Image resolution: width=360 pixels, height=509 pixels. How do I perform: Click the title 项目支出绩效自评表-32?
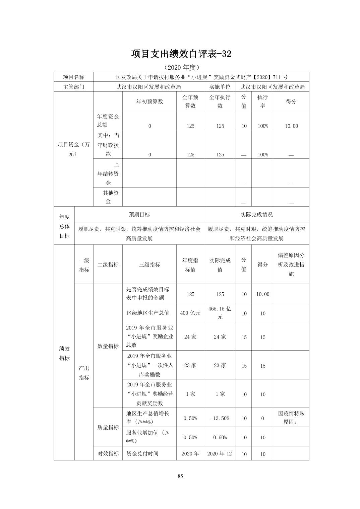coord(181,54)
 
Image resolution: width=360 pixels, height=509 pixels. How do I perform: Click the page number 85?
coord(180,476)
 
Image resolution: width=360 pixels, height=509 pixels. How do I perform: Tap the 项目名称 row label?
coord(74,77)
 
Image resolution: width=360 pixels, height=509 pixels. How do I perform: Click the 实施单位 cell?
coord(220,87)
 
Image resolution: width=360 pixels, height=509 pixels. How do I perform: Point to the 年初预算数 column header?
coord(149,101)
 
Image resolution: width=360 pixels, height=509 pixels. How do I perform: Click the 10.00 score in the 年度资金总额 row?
coord(291,126)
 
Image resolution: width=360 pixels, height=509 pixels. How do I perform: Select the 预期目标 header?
coord(139,215)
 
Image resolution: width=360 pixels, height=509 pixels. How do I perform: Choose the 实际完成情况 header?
coord(256,215)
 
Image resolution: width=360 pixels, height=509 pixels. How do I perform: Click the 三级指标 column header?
coord(149,265)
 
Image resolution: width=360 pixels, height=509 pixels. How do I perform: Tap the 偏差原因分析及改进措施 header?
coord(291,265)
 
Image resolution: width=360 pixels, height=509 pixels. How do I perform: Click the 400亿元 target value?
coord(190,313)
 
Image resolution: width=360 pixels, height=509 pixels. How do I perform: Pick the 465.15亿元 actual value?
coord(220,313)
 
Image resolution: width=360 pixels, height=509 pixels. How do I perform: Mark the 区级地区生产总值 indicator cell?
coord(148,313)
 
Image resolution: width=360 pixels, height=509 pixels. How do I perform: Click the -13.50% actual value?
coord(220,418)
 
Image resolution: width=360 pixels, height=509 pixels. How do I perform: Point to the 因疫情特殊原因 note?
coord(291,418)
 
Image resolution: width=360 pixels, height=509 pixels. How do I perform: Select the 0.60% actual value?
coord(220,437)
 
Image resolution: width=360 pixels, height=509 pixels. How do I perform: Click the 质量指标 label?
coord(108,427)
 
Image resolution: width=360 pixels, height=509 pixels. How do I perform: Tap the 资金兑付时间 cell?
coord(142,454)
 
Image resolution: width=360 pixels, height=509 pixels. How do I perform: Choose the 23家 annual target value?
coord(190,365)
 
